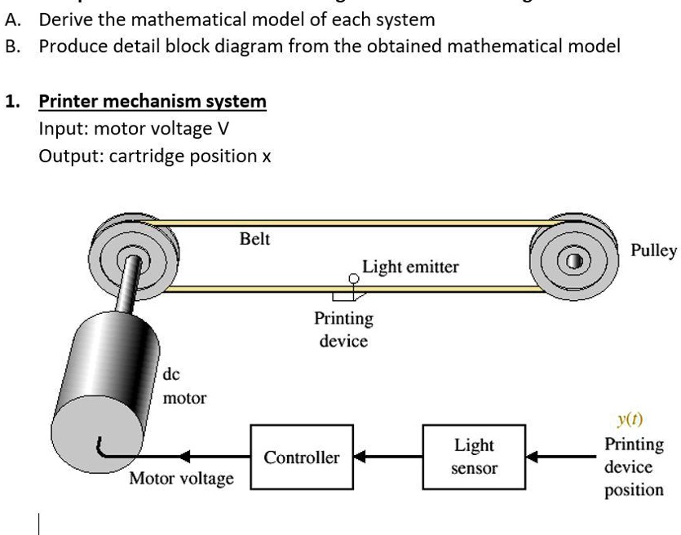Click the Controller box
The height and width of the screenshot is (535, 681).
(x=302, y=457)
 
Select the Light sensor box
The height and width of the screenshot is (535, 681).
(x=474, y=457)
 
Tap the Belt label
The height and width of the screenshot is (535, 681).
(x=254, y=239)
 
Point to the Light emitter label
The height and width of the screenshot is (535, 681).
(x=410, y=267)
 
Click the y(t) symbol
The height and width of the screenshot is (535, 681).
(x=629, y=420)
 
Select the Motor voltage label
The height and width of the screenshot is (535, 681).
(x=181, y=478)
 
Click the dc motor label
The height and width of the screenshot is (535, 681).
(x=184, y=387)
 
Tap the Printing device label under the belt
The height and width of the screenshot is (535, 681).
(x=343, y=329)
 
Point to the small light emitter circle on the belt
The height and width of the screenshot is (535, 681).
(x=353, y=279)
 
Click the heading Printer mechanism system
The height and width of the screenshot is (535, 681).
(x=153, y=101)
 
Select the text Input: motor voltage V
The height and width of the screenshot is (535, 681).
(x=134, y=129)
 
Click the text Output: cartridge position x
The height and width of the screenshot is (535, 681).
(x=155, y=156)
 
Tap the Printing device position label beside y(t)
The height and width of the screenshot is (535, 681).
(x=634, y=467)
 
